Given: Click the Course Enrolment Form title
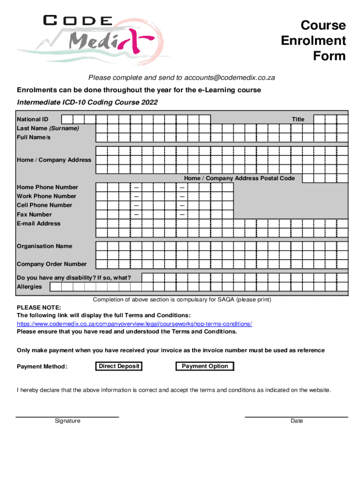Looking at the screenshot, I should pyautogui.click(x=313, y=41).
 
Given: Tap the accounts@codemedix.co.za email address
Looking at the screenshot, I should pyautogui.click(x=229, y=77).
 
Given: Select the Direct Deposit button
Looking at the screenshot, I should pyautogui.click(x=119, y=366).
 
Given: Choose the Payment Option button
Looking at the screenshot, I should pyautogui.click(x=205, y=366).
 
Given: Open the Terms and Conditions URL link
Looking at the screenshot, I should pyautogui.click(x=135, y=324).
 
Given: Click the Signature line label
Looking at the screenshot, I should pyautogui.click(x=67, y=421).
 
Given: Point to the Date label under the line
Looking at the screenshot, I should pyautogui.click(x=296, y=421).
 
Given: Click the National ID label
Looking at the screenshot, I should pyautogui.click(x=32, y=119).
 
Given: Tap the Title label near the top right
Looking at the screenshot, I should pyautogui.click(x=298, y=119).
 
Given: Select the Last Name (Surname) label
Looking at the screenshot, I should pyautogui.click(x=48, y=128).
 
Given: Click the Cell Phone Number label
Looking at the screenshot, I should pyautogui.click(x=44, y=205).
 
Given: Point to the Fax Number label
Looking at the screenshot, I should pyautogui.click(x=34, y=215).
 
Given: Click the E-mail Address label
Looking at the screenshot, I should pyautogui.click(x=38, y=224).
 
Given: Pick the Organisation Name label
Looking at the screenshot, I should pyautogui.click(x=44, y=246).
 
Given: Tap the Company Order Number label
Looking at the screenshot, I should pyautogui.click(x=51, y=264).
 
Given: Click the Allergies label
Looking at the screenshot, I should pyautogui.click(x=29, y=287).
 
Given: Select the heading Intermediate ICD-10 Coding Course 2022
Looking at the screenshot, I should pyautogui.click(x=87, y=102).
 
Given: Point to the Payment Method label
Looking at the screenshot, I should pyautogui.click(x=42, y=366).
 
